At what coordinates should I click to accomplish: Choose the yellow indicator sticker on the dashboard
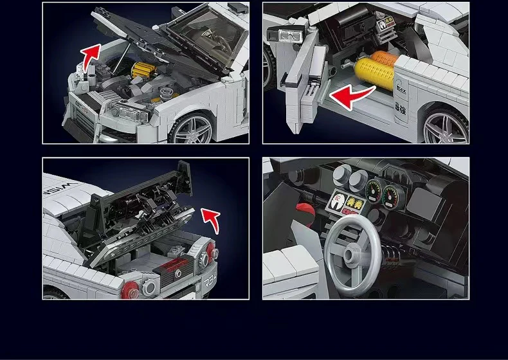point(353,203)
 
